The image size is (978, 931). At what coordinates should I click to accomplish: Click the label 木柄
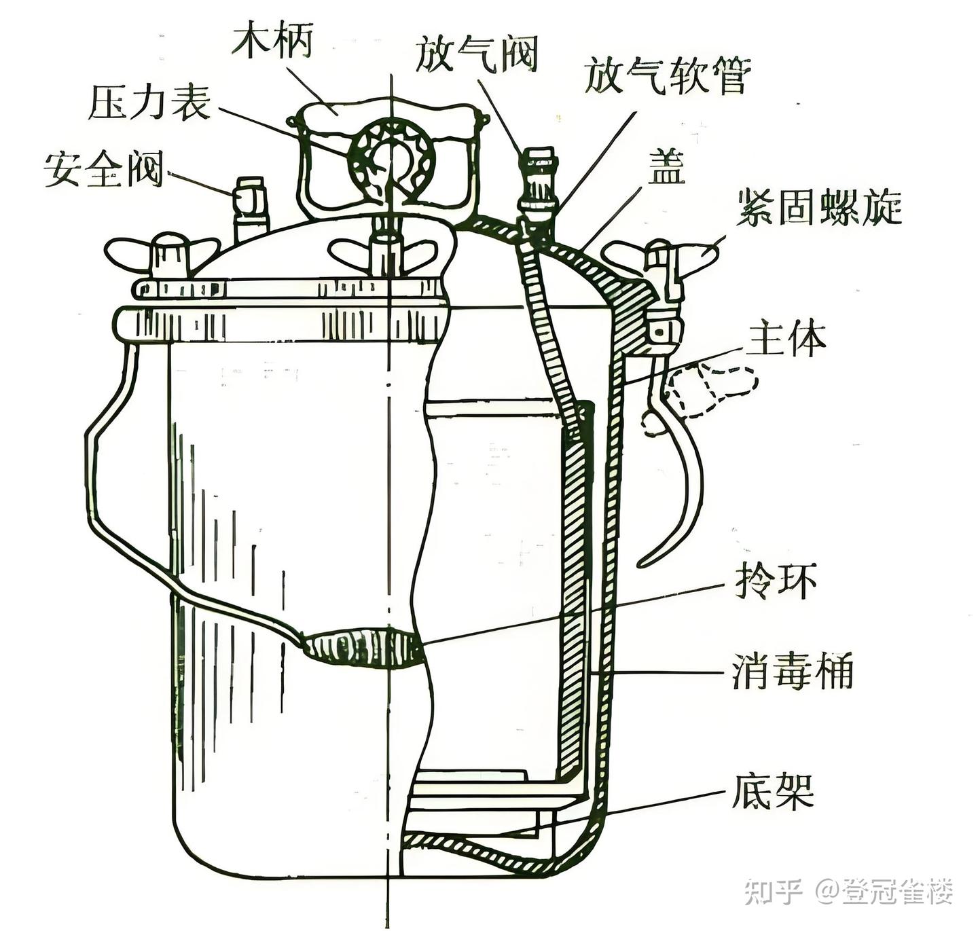pyautogui.click(x=272, y=42)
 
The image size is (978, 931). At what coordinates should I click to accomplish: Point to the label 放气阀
pyautogui.click(x=477, y=54)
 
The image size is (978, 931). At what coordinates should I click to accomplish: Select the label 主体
pyautogui.click(x=786, y=339)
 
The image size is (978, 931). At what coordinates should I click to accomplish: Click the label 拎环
pyautogui.click(x=776, y=581)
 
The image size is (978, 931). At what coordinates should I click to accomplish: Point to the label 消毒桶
pyautogui.click(x=793, y=672)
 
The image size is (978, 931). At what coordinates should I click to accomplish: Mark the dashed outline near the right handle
pyautogui.click(x=713, y=390)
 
